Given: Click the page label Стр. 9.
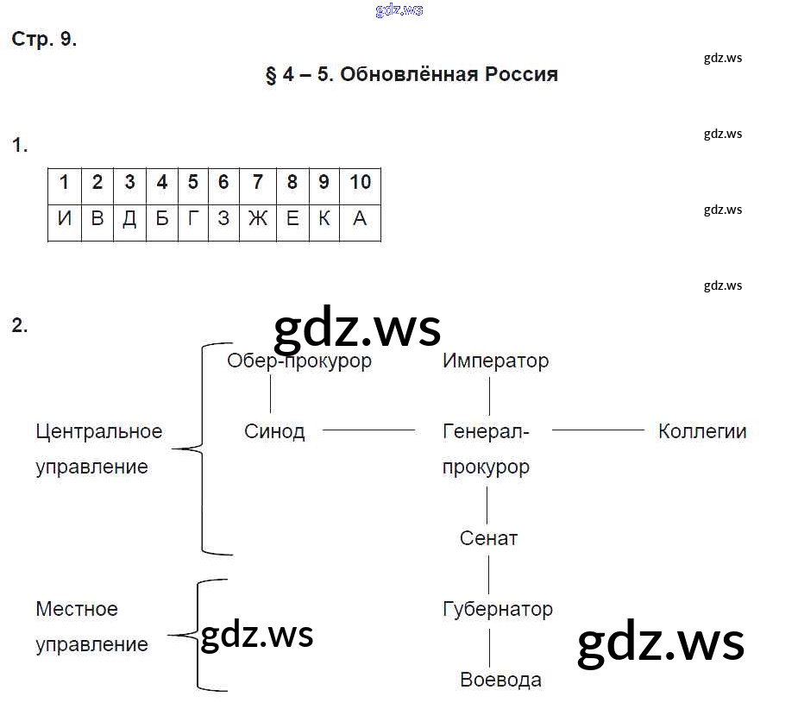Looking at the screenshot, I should (x=44, y=40).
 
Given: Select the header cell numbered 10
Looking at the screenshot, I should (x=360, y=182).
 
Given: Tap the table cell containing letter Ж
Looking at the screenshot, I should (x=258, y=219).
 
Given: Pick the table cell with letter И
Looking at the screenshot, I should (x=65, y=219).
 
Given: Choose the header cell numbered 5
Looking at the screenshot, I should (x=192, y=182).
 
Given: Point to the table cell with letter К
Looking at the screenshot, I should (x=324, y=219).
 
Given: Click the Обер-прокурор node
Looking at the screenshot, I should (x=298, y=361).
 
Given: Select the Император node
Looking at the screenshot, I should (x=495, y=361).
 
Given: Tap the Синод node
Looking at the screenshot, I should (x=274, y=431).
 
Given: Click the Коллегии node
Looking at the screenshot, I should (x=701, y=431).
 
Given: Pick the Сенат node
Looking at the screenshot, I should (x=488, y=538).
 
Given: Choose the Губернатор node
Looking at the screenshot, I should (x=497, y=609).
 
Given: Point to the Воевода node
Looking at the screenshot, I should (x=500, y=680).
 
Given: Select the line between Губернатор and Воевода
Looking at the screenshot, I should (x=489, y=644).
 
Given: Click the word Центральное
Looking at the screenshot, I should (x=99, y=431).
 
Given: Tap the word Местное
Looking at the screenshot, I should (x=77, y=609).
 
